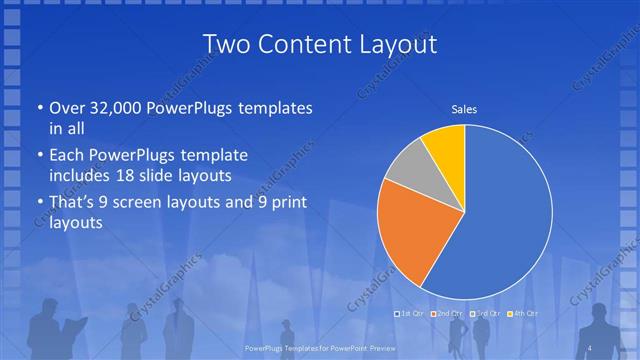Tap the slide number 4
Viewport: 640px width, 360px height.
coord(591,346)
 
